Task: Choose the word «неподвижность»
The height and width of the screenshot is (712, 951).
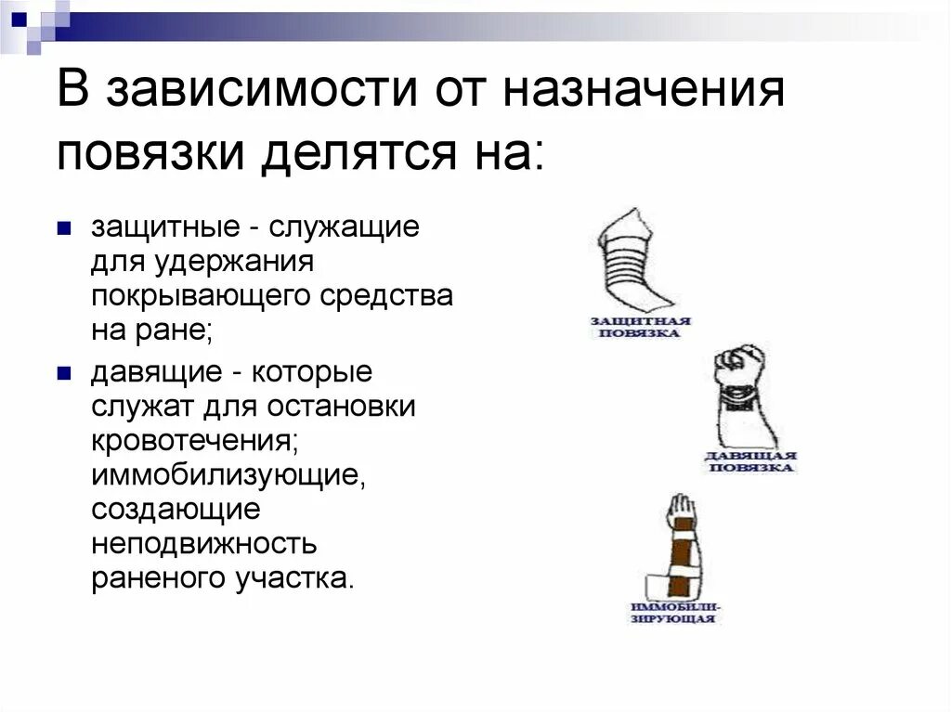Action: coord(204,544)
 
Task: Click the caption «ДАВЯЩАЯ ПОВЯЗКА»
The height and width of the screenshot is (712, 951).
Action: coord(750,461)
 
